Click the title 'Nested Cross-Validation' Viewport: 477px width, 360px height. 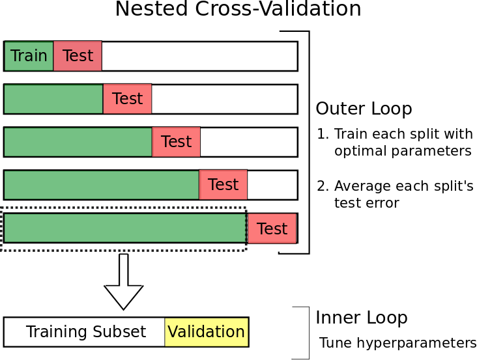(x=238, y=10)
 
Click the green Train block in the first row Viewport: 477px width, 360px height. (x=29, y=56)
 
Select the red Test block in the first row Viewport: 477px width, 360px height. (x=78, y=56)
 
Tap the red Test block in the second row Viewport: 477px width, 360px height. (x=127, y=99)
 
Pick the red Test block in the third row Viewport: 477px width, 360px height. (x=176, y=142)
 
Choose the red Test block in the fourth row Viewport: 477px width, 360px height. (x=223, y=185)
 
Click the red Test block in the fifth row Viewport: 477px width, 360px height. (x=272, y=228)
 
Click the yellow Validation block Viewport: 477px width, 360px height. (x=206, y=332)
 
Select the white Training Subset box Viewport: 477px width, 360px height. (x=85, y=332)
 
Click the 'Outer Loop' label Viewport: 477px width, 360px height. (x=364, y=109)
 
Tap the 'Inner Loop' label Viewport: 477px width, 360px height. (x=361, y=318)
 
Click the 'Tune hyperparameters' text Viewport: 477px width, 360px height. (x=397, y=343)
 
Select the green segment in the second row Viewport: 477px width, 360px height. (x=53, y=99)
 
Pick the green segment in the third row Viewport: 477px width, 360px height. (x=78, y=142)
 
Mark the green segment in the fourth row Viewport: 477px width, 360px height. (x=101, y=185)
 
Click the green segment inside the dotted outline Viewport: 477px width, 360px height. (x=124, y=228)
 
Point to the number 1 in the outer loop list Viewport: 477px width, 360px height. (x=321, y=135)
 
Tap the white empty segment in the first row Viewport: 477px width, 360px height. (x=199, y=56)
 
